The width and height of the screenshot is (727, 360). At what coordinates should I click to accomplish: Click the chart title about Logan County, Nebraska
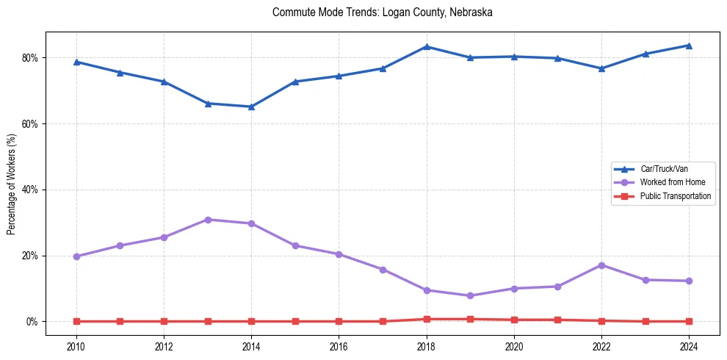pos(382,12)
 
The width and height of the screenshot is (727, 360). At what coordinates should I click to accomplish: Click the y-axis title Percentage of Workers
pos(12,183)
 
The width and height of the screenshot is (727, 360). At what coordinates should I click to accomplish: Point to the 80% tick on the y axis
pos(32,58)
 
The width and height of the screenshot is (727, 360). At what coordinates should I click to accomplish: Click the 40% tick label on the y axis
pos(32,190)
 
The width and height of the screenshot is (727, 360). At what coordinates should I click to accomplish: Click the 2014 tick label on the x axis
pos(251,347)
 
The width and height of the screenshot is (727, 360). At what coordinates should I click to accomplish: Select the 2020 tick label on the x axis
pos(514,347)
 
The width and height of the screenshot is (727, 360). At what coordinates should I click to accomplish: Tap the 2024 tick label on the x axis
pos(689,347)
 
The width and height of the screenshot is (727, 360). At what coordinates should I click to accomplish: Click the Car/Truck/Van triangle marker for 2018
pos(427,47)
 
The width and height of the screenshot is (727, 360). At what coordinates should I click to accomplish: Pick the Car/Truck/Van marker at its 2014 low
pos(251,107)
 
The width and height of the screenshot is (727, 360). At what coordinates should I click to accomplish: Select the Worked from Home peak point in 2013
pos(208,220)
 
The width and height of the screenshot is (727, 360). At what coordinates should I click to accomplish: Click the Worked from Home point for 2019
pos(470,296)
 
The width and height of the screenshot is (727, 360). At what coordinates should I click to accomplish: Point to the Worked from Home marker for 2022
pos(601,265)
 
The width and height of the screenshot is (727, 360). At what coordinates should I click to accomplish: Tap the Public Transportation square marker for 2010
pos(76,321)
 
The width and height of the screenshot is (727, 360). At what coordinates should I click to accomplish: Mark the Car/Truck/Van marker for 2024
pos(689,46)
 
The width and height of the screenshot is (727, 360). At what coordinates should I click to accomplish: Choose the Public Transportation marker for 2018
pos(427,319)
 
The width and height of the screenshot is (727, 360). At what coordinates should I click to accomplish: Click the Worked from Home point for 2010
pos(76,256)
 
